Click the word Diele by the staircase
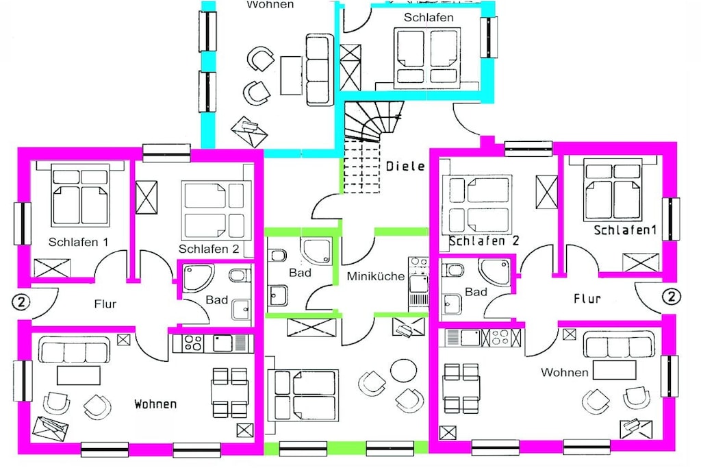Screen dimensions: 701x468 405,166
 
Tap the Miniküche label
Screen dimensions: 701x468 376,276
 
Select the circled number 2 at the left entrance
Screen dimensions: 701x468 20,302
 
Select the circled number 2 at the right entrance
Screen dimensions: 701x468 671,297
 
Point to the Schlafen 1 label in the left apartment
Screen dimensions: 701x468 78,242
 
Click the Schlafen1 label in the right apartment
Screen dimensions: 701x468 625,230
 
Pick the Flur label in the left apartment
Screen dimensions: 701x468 105,304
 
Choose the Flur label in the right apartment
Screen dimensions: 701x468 587,299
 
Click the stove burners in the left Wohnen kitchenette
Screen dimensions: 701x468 193,343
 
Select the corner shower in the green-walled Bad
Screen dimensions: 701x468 316,250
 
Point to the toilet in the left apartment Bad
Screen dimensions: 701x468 239,274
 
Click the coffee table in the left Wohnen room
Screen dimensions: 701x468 79,375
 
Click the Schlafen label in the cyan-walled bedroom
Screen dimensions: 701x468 429,17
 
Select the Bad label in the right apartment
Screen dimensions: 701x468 476,292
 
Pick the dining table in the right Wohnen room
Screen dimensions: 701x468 461,388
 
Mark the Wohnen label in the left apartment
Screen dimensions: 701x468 155,404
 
